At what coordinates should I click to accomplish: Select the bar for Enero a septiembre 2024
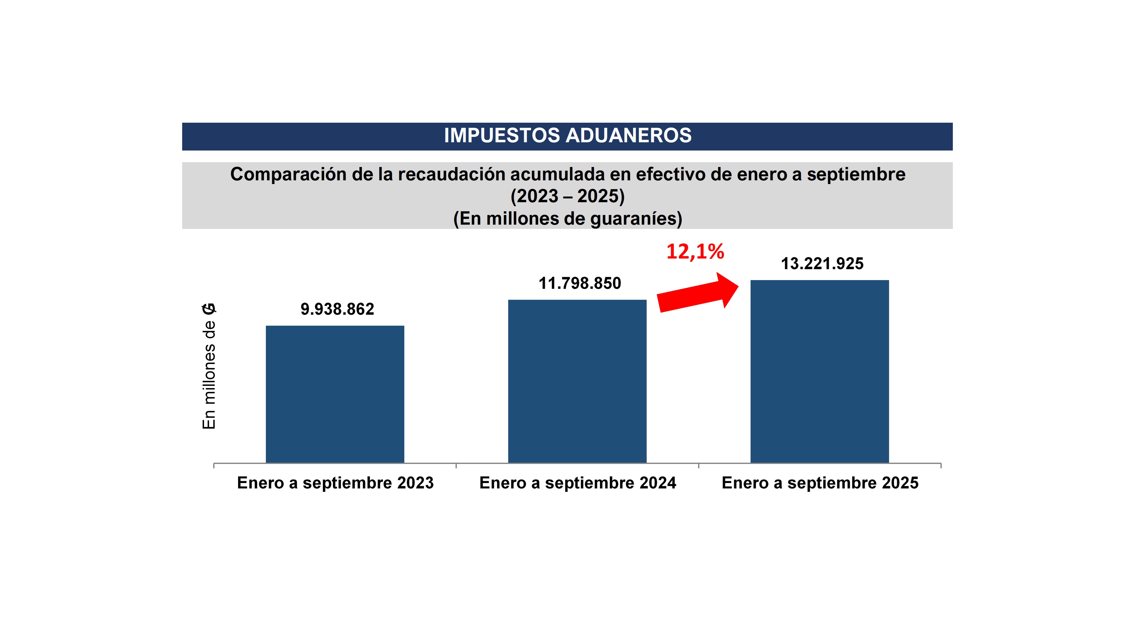pyautogui.click(x=577, y=381)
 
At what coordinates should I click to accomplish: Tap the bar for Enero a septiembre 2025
pyautogui.click(x=819, y=371)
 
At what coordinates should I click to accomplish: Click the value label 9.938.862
pyautogui.click(x=337, y=309)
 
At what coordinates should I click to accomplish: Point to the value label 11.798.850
pyautogui.click(x=580, y=283)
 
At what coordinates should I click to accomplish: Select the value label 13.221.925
pyautogui.click(x=822, y=264)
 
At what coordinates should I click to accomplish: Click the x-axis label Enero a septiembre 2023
pyautogui.click(x=335, y=483)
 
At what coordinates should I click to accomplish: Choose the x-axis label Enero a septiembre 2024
pyautogui.click(x=578, y=483)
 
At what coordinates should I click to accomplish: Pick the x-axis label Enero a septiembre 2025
pyautogui.click(x=820, y=483)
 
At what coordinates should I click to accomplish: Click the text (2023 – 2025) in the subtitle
pyautogui.click(x=567, y=196)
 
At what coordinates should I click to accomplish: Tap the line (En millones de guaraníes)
pyautogui.click(x=567, y=219)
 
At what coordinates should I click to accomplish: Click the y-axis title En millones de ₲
pyautogui.click(x=209, y=366)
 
